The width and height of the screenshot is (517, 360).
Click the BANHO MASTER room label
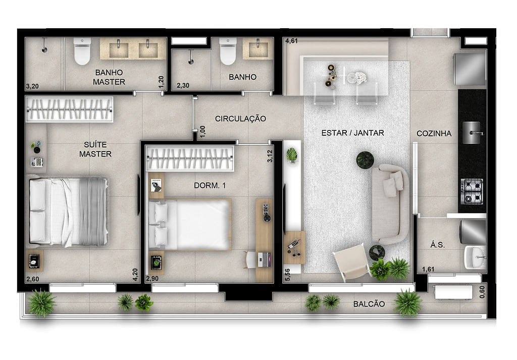[109, 77]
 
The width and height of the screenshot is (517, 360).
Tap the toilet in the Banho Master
[82, 52]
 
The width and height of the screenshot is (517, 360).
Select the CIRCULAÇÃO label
[240, 119]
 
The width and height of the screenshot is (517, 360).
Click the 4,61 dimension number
[291, 41]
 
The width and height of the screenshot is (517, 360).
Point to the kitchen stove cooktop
[472, 191]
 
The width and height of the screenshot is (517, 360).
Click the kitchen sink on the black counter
[472, 132]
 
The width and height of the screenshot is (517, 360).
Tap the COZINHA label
[434, 133]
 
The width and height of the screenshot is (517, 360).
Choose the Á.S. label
[438, 245]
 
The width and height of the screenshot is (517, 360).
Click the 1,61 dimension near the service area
[428, 269]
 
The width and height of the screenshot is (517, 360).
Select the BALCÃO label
[369, 304]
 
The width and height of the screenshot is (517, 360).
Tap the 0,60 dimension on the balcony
[482, 292]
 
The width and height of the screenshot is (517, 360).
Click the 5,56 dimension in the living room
[287, 275]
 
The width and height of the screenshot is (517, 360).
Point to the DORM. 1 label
[210, 186]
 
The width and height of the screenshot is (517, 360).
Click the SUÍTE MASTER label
[95, 149]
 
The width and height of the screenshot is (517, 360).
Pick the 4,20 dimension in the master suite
[135, 275]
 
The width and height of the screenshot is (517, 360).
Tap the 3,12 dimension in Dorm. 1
[270, 156]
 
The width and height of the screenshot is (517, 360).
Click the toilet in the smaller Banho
[228, 52]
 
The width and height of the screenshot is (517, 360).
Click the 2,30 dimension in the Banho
[183, 86]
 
